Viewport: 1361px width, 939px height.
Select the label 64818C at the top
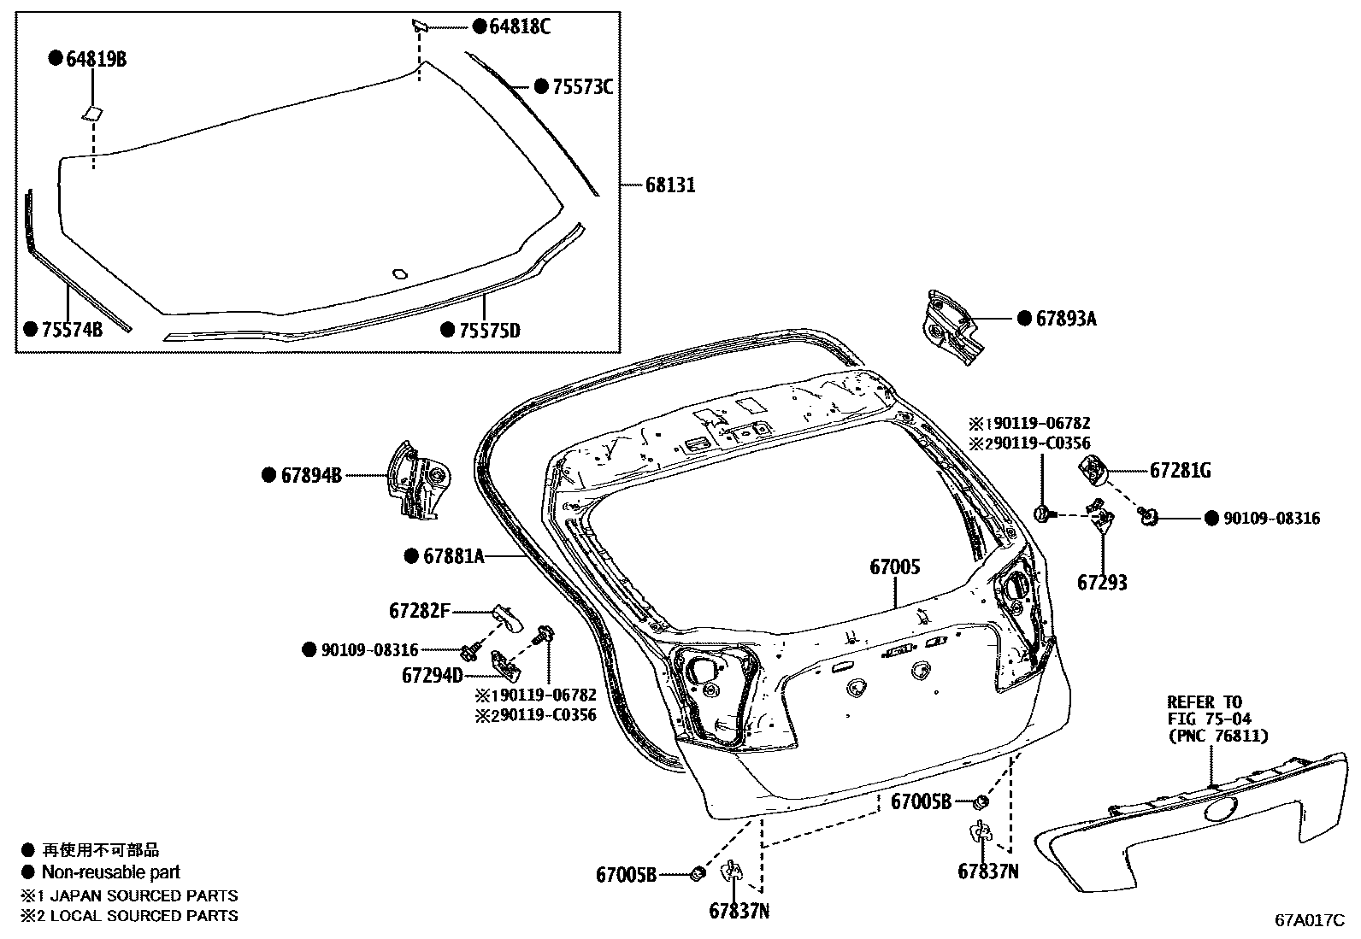pos(519,27)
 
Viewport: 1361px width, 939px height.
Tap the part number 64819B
pos(97,59)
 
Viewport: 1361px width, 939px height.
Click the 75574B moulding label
pos(72,330)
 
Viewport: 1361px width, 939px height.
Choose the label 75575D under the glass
pos(489,330)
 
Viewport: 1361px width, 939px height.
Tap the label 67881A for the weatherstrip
pos(453,557)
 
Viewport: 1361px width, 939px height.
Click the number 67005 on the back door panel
pos(895,566)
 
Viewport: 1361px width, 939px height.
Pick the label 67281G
pos(1180,471)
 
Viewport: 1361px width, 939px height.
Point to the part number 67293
pos(1102,583)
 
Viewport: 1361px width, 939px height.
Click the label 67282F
pos(419,611)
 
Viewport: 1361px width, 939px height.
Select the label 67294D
pos(432,676)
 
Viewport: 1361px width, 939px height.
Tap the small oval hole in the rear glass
pos(398,274)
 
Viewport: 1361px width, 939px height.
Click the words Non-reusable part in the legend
pos(110,872)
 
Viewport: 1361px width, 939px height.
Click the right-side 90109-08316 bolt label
pos(1271,519)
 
